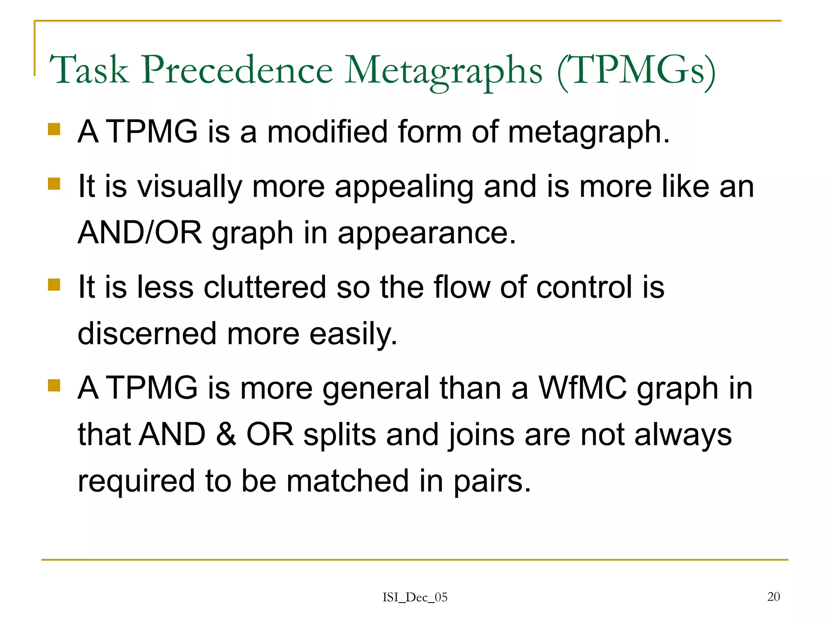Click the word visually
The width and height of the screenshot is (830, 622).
tap(190, 187)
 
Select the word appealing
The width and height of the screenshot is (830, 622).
tap(404, 187)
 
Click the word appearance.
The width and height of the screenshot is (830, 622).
tap(427, 234)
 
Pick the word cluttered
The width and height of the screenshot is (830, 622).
tap(265, 287)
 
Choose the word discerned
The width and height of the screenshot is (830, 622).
tap(147, 334)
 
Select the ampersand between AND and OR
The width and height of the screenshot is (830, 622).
tap(226, 435)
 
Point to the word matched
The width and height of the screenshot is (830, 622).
tap(348, 481)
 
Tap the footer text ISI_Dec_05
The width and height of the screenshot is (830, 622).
tap(415, 597)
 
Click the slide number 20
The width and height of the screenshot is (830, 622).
tap(773, 596)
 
